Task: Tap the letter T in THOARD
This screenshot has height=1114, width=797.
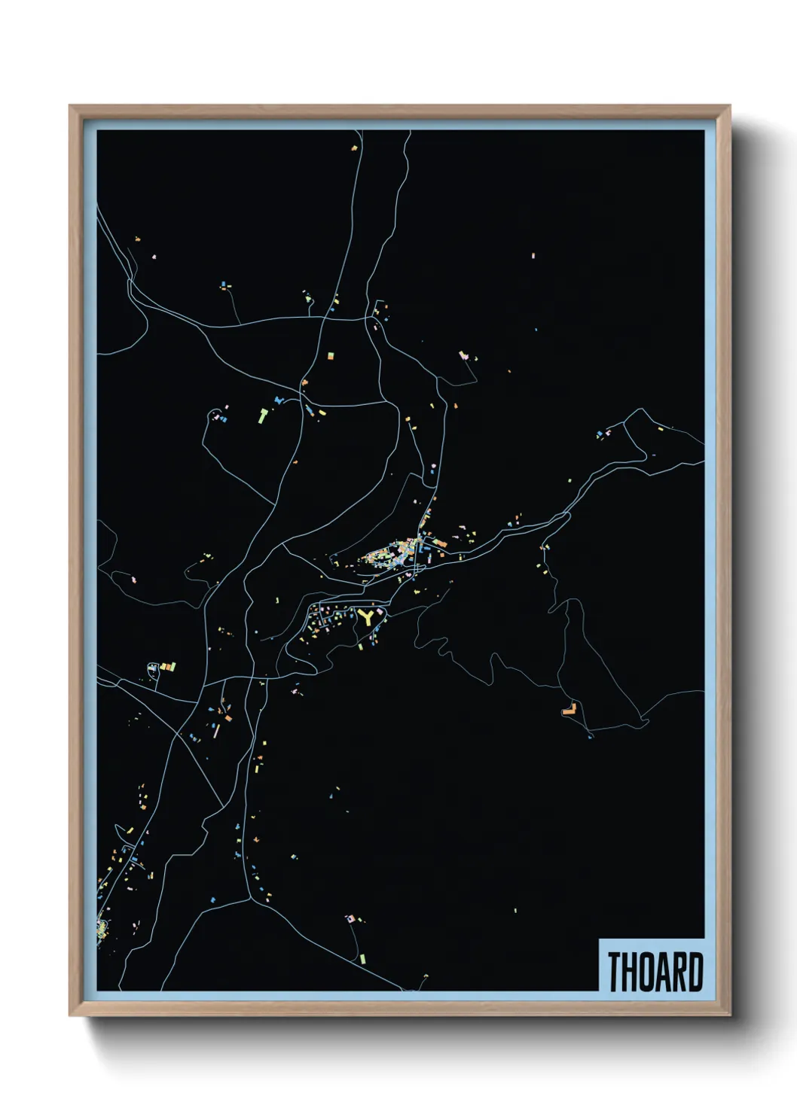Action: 614,972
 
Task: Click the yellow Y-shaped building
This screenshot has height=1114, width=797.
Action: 367,618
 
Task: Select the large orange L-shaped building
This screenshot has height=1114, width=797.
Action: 570,708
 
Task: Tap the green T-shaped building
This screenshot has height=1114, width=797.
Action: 263,414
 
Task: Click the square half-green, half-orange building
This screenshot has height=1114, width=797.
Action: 329,353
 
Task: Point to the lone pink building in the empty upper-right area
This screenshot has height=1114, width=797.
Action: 533,256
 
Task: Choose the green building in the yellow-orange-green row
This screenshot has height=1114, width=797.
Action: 173,665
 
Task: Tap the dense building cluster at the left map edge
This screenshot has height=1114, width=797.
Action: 102,928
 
